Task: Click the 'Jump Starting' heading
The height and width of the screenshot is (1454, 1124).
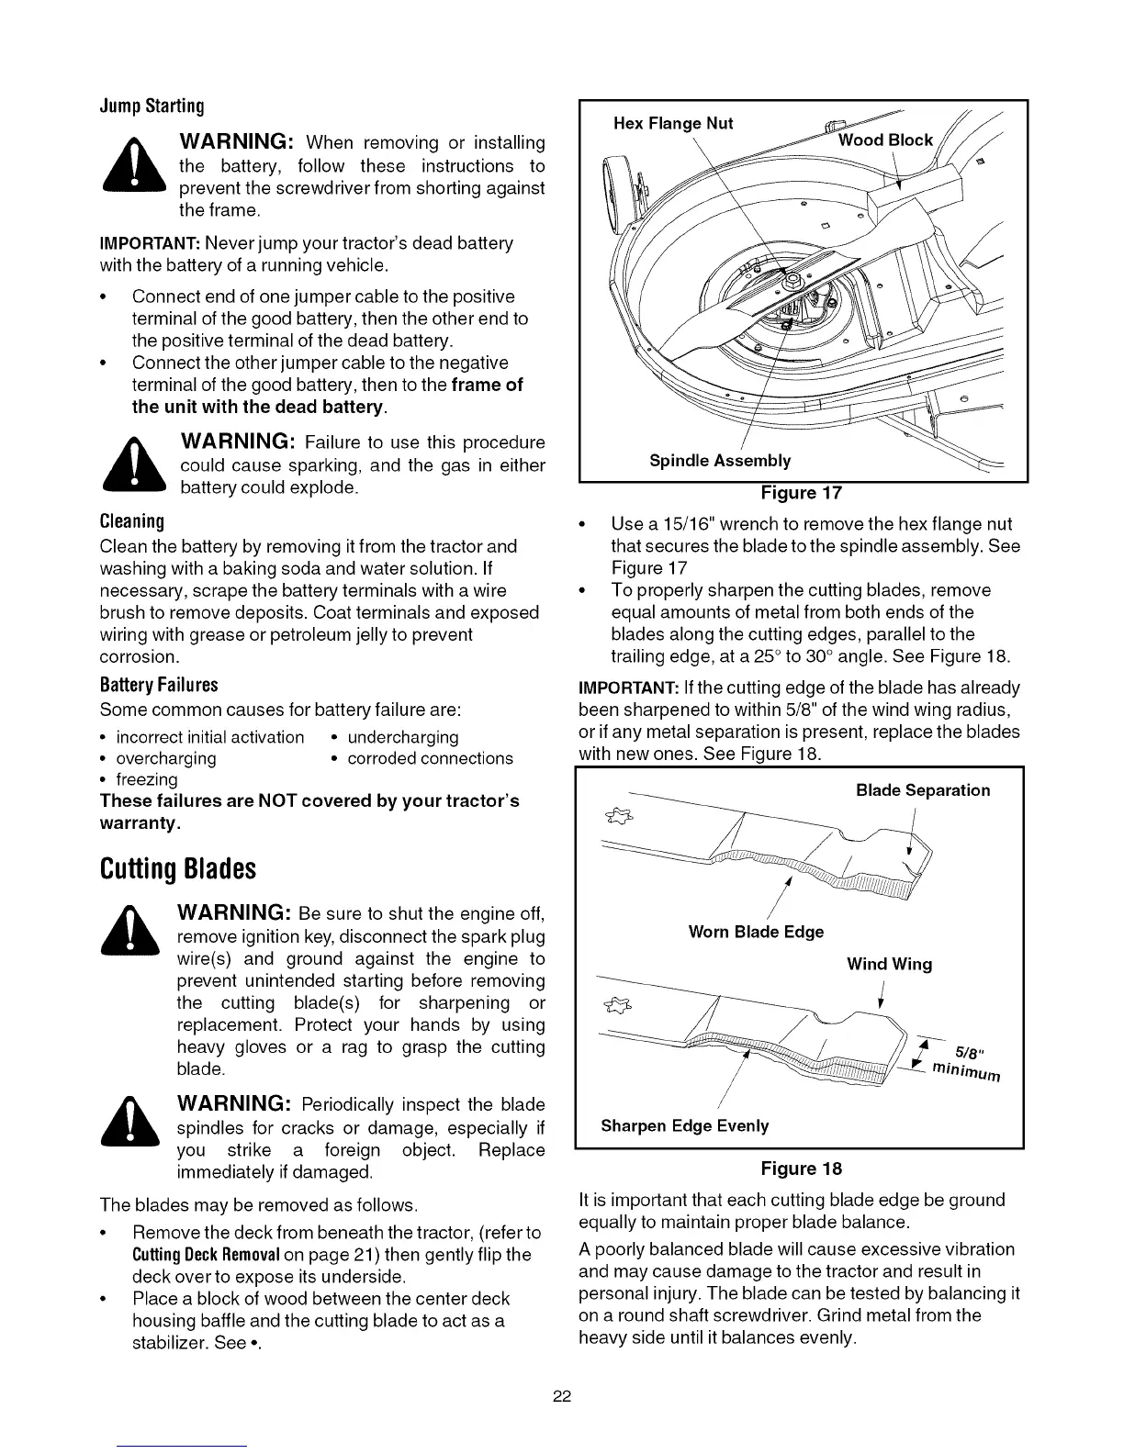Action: coord(151,106)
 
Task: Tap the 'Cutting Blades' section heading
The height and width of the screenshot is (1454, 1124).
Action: coord(177,868)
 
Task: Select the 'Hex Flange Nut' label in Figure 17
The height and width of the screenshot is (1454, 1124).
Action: coord(672,123)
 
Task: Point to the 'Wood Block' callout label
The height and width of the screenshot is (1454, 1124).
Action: coord(885,140)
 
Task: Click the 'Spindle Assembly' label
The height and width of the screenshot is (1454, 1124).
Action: coord(719,460)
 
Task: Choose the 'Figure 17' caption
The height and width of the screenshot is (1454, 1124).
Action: coord(802,493)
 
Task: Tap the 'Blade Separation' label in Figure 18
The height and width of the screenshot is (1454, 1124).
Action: coord(922,790)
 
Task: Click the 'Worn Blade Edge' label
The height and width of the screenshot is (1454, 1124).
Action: coord(756,932)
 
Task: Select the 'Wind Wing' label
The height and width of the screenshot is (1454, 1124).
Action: coord(889,964)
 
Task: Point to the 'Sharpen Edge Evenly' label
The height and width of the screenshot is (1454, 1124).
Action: coord(684,1125)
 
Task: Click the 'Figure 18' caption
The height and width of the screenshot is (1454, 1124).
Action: coord(801,1169)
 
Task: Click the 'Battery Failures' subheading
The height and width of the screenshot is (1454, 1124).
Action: coord(158,686)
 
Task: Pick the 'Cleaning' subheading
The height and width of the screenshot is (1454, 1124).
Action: coord(131,522)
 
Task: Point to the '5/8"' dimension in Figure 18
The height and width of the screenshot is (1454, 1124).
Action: coord(970,1051)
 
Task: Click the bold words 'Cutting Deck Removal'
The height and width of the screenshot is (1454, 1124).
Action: coord(207,1255)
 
